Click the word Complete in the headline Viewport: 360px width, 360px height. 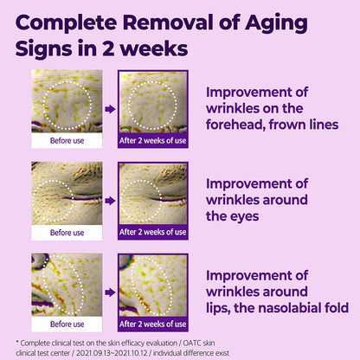[x=67, y=23]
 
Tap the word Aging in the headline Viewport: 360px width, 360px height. [x=277, y=24]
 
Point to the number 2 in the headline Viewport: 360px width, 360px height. [x=108, y=48]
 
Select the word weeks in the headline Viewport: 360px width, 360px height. [x=154, y=48]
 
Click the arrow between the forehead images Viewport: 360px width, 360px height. [x=110, y=109]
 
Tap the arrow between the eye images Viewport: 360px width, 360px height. [x=110, y=201]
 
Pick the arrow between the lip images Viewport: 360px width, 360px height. [x=110, y=292]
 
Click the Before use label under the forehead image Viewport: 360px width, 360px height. [x=67, y=141]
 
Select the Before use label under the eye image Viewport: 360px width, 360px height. [x=67, y=233]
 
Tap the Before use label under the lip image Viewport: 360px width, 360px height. [x=67, y=324]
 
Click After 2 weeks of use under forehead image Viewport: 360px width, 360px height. [x=153, y=141]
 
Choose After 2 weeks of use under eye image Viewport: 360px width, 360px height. [x=153, y=232]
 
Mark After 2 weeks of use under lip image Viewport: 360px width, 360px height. [x=153, y=324]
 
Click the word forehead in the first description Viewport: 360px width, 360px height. [x=235, y=125]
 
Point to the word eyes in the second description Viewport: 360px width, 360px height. [x=245, y=217]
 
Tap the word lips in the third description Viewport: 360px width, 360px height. [x=218, y=308]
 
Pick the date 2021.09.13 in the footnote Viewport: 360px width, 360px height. [x=92, y=353]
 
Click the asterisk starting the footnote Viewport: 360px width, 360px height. [x=17, y=342]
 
